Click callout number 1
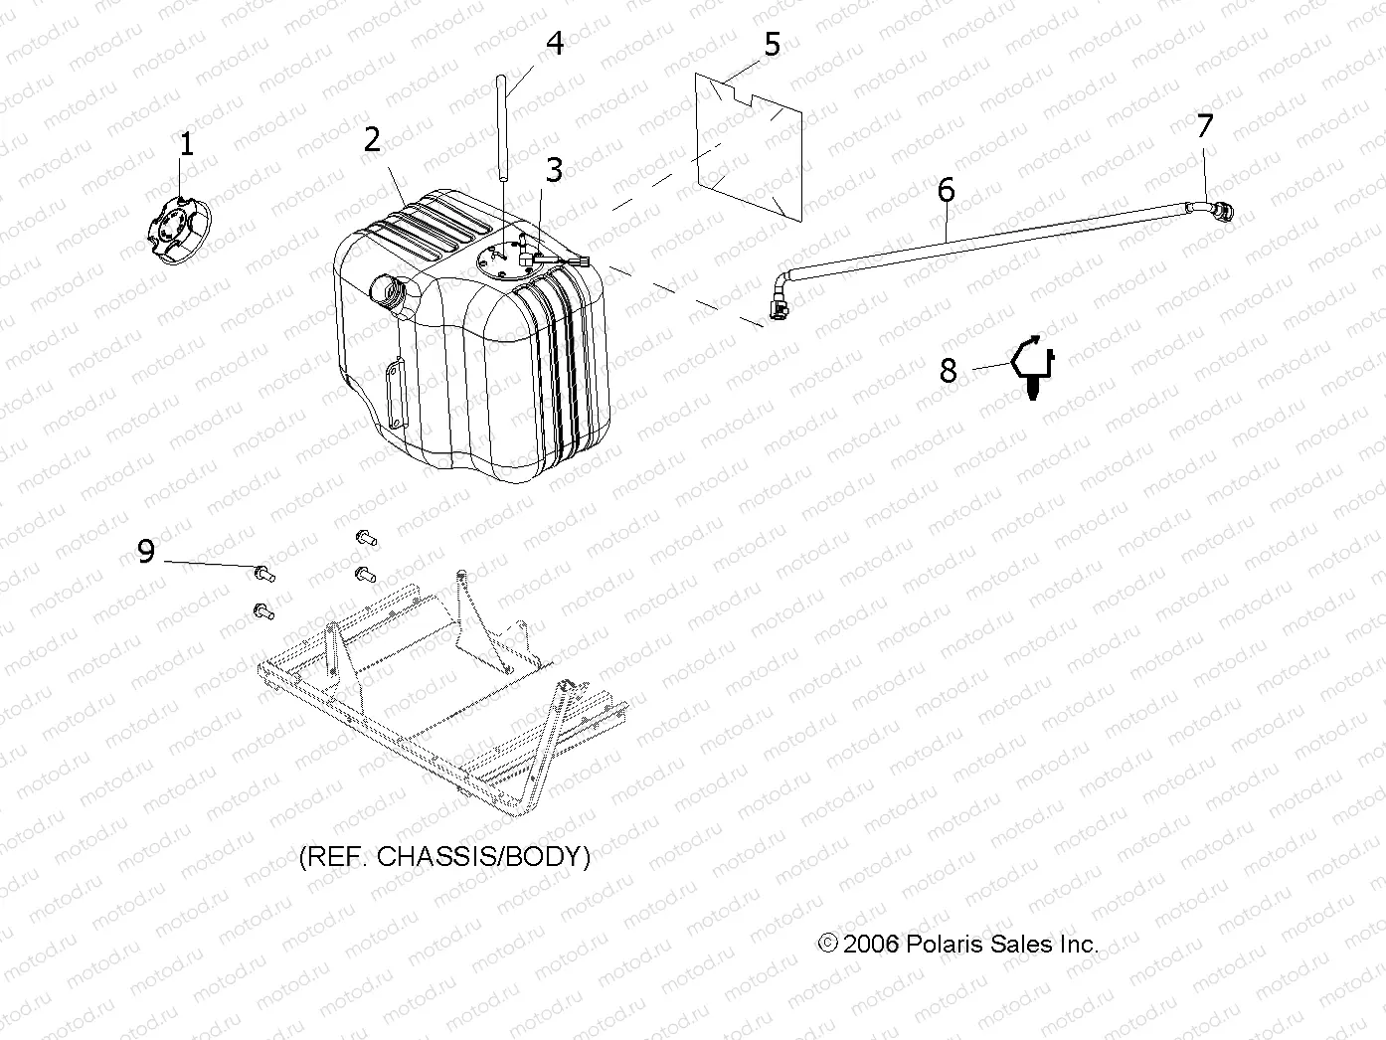186,145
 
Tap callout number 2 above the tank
372,140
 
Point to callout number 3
554,170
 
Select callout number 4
555,44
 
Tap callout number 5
773,45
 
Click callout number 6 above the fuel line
946,190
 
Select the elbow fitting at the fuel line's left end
780,300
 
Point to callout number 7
1205,126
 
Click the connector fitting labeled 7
1217,210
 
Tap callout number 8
948,371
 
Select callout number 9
146,551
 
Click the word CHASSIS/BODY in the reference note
483,857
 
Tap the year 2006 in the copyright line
871,945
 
